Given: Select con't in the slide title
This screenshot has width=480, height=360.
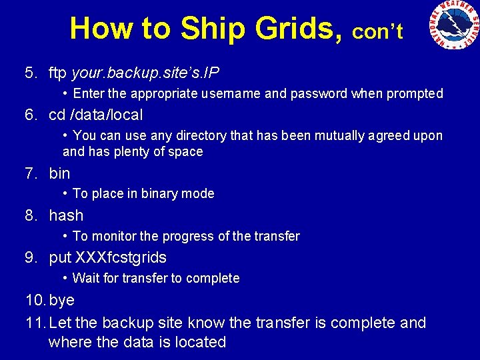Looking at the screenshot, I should (x=377, y=31).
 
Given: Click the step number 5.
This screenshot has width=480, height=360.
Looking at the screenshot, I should (x=31, y=72).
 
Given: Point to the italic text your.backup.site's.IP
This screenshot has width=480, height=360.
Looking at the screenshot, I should (x=145, y=72).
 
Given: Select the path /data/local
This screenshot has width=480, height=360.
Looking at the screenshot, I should (x=105, y=115).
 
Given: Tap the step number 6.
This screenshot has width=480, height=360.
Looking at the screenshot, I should (x=31, y=115).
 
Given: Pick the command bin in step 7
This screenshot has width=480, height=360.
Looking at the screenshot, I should (x=59, y=173).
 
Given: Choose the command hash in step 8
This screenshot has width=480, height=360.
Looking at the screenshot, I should (x=66, y=215).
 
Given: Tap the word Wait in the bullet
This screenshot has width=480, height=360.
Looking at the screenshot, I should (x=85, y=278).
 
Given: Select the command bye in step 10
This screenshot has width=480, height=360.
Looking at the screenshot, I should (x=61, y=301).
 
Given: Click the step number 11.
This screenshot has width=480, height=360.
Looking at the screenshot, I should (x=34, y=323).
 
